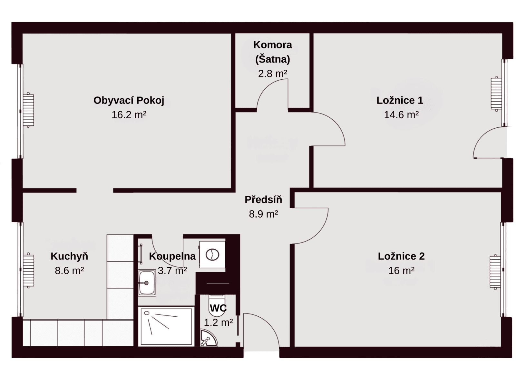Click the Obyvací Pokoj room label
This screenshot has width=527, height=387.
pyautogui.click(x=129, y=100)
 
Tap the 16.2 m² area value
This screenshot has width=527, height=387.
pyautogui.click(x=129, y=115)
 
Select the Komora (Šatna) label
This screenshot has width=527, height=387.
pyautogui.click(x=273, y=52)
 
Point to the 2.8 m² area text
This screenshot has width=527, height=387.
pyautogui.click(x=273, y=74)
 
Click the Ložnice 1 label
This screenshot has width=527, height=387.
pyautogui.click(x=400, y=100)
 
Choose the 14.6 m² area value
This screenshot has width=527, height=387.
pyautogui.click(x=401, y=115)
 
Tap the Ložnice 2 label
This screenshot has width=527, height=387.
pyautogui.click(x=401, y=256)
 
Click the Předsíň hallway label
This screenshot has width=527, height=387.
pyautogui.click(x=263, y=200)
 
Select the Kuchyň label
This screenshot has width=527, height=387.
pyautogui.click(x=69, y=256)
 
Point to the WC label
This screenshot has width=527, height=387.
pyautogui.click(x=218, y=308)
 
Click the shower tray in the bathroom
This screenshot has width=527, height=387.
pyautogui.click(x=166, y=326)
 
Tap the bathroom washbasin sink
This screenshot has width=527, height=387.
pyautogui.click(x=147, y=283)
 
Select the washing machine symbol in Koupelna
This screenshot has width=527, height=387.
pyautogui.click(x=212, y=255)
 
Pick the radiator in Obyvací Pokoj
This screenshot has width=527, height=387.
pyautogui.click(x=29, y=110)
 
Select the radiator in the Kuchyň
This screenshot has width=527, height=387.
pyautogui.click(x=29, y=270)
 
